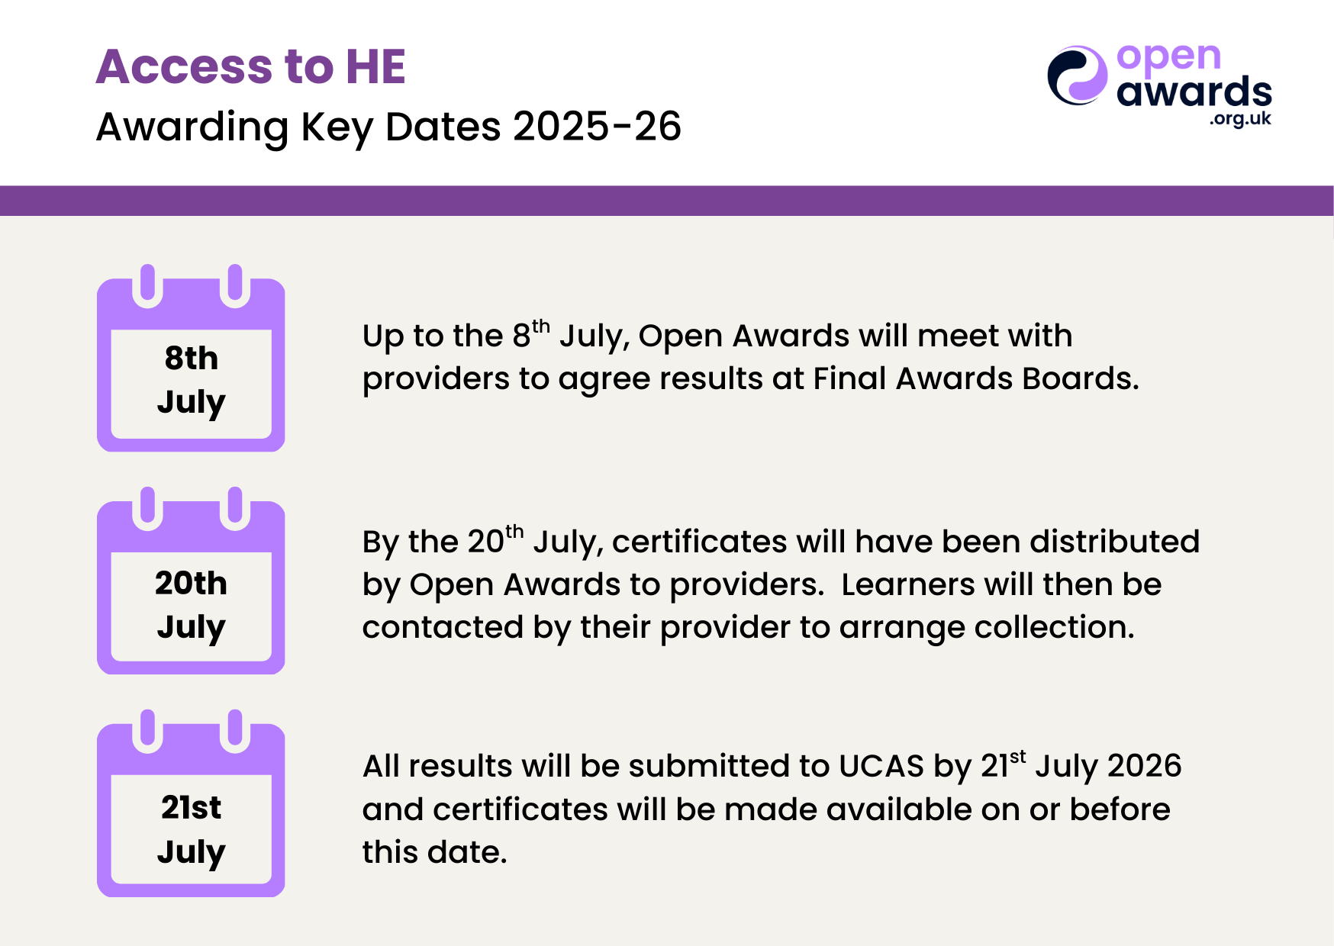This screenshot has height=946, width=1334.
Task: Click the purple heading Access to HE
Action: [250, 66]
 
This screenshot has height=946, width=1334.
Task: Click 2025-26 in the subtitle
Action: [597, 126]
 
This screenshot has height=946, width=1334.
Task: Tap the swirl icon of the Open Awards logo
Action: [1077, 75]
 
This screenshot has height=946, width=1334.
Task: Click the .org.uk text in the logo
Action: [1240, 118]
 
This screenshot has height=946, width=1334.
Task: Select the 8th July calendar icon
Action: [191, 358]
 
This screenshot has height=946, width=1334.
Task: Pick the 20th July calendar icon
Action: [191, 581]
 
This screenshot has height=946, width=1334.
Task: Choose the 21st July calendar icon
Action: [191, 803]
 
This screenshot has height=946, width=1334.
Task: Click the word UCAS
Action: [881, 766]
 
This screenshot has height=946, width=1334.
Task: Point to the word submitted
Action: [730, 766]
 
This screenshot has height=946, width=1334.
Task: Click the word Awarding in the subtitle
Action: [192, 127]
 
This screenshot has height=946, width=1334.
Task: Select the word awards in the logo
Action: [1194, 92]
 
